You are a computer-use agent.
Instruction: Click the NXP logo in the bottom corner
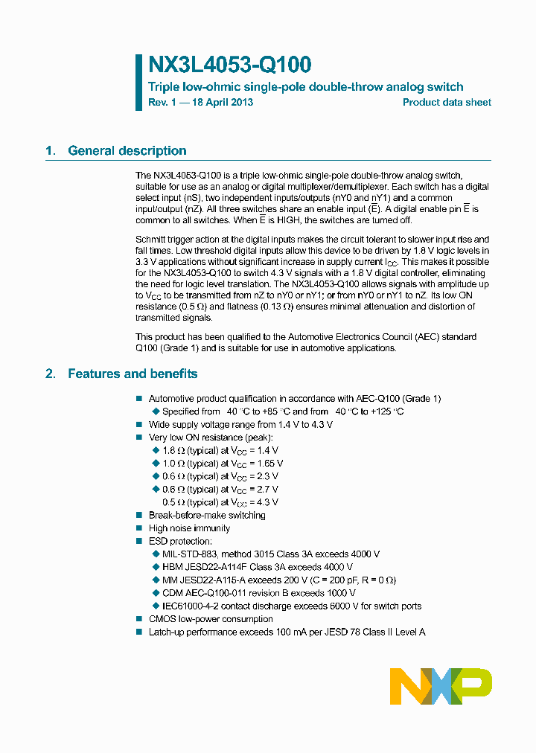pyautogui.click(x=441, y=685)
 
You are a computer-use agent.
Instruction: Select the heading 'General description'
pyautogui.click(x=127, y=151)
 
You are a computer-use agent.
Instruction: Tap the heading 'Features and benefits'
pyautogui.click(x=133, y=374)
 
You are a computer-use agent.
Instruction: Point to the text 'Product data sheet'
pyautogui.click(x=447, y=103)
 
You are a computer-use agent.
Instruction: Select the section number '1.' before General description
pyautogui.click(x=51, y=151)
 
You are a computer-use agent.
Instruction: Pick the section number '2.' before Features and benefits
pyautogui.click(x=51, y=374)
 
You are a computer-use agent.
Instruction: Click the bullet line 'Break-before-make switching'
pyautogui.click(x=207, y=515)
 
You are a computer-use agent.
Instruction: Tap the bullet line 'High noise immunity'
pyautogui.click(x=189, y=528)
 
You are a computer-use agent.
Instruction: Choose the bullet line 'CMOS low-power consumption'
pyautogui.click(x=211, y=619)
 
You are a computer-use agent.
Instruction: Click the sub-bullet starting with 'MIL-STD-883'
pyautogui.click(x=271, y=554)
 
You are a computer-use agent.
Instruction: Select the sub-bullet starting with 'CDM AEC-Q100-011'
pyautogui.click(x=258, y=593)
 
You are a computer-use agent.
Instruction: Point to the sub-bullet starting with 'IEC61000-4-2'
pyautogui.click(x=292, y=606)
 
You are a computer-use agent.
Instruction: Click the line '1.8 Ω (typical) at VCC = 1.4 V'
pyautogui.click(x=220, y=450)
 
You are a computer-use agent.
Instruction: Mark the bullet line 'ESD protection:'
pyautogui.click(x=180, y=541)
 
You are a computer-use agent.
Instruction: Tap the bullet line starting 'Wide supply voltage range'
pyautogui.click(x=240, y=424)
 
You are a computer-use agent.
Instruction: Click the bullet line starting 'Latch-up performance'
pyautogui.click(x=287, y=632)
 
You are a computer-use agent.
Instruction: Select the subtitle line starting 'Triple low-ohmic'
pyautogui.click(x=305, y=87)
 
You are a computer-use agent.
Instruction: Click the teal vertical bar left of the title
pyautogui.click(x=138, y=82)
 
